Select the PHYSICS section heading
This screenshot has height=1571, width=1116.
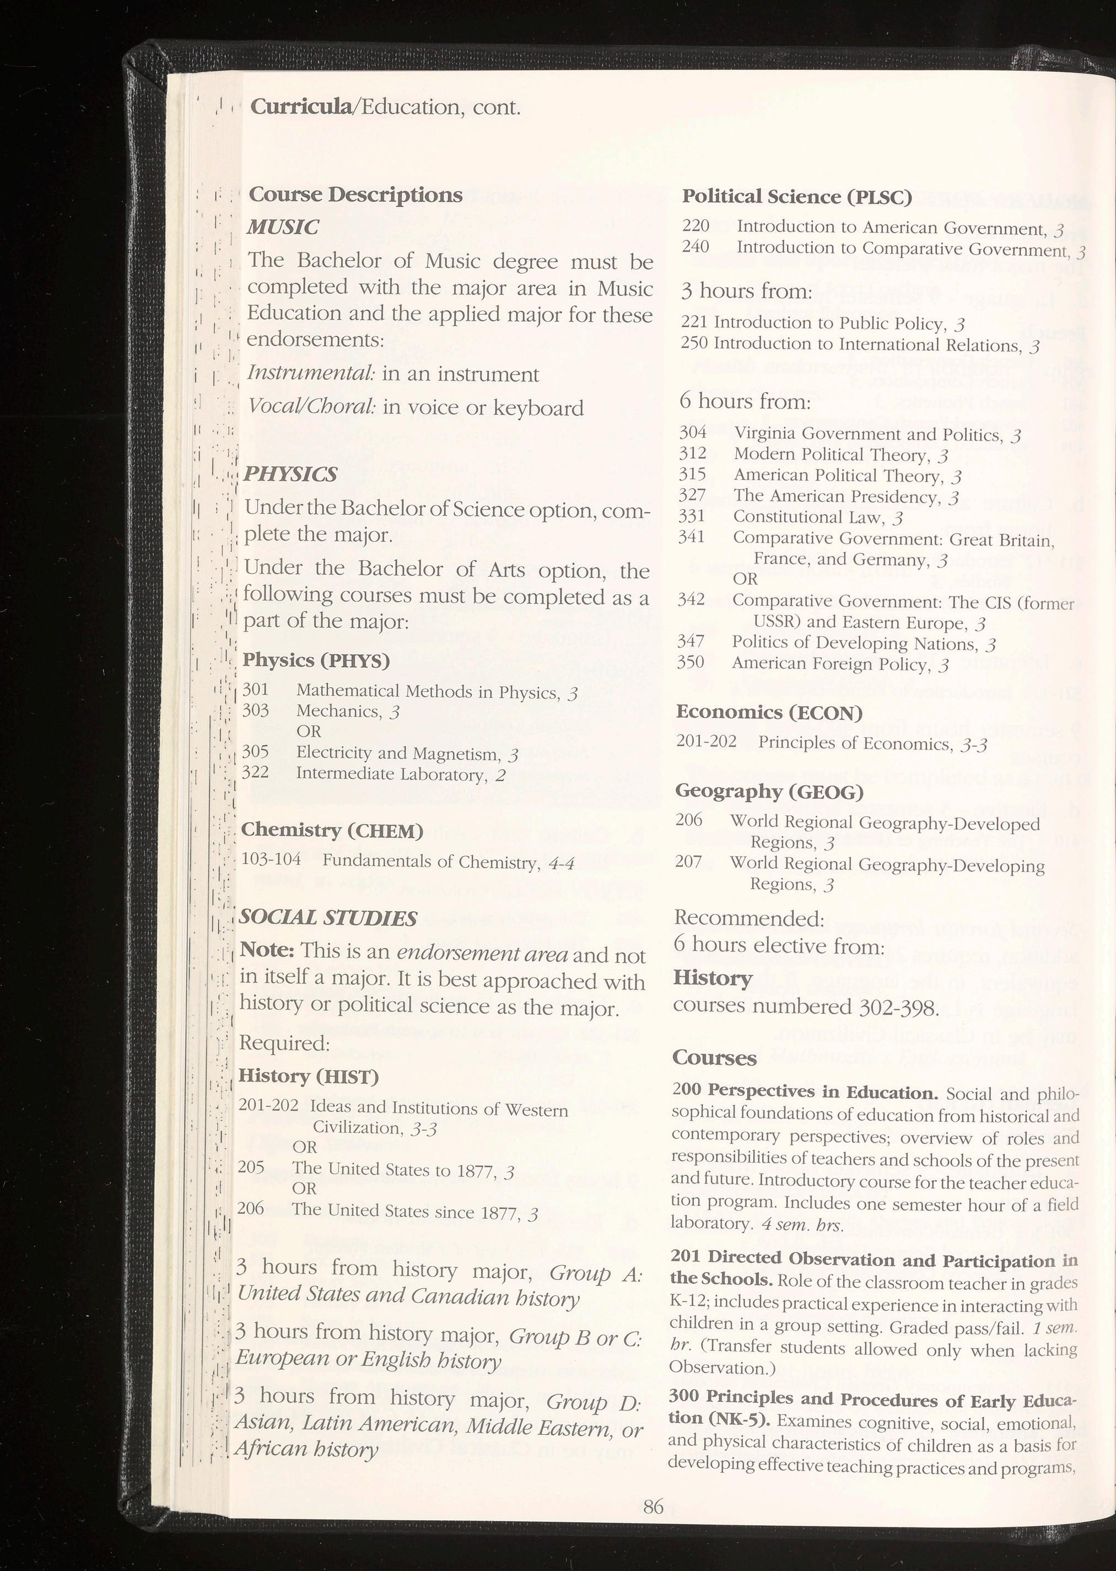coord(290,474)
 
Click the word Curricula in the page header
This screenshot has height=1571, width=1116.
coord(300,106)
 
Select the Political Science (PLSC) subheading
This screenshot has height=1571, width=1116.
coord(796,197)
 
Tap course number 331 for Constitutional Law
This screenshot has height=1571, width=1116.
coord(691,515)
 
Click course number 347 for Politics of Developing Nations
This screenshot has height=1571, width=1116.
coord(690,641)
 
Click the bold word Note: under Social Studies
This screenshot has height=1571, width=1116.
coord(267,950)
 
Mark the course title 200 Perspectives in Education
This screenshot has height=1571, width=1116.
coord(805,1091)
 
